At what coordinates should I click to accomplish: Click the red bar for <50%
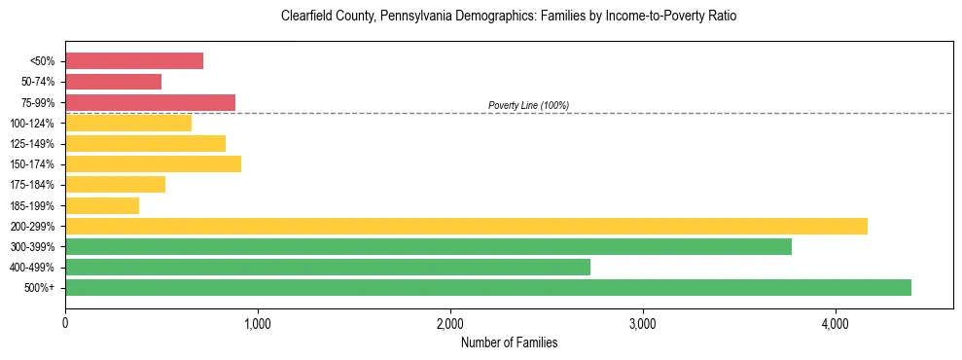[x=134, y=61]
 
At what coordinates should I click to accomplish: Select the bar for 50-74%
[x=113, y=82]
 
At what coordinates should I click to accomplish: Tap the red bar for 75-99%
[x=150, y=102]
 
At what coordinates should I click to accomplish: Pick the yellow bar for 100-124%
[x=128, y=123]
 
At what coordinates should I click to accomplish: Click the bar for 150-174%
[x=153, y=164]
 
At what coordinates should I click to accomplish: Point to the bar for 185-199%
[x=102, y=205]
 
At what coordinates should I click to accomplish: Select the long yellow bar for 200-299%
[x=466, y=226]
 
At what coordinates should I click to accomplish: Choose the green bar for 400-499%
[x=328, y=267]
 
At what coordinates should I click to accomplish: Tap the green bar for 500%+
[x=488, y=287]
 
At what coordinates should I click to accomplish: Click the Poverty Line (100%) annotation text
[x=528, y=105]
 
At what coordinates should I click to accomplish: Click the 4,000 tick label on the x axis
[x=835, y=323]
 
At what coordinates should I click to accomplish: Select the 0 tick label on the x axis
[x=65, y=323]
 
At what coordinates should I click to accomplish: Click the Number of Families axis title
[x=509, y=342]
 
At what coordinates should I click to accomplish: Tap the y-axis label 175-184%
[x=32, y=185]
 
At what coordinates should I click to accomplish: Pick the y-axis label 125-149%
[x=32, y=144]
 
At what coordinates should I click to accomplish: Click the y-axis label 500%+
[x=39, y=288]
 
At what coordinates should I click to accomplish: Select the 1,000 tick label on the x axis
[x=258, y=323]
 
